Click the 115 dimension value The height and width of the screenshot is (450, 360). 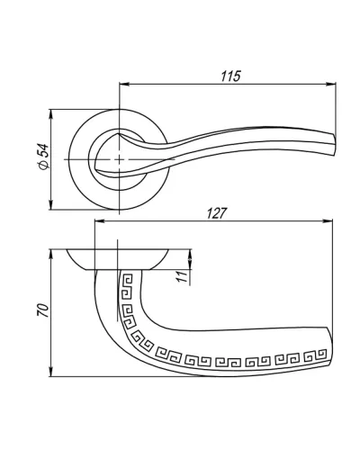(230, 76)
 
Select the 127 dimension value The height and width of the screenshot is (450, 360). (216, 213)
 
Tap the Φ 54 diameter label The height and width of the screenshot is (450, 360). (44, 157)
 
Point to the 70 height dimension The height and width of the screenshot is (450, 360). (42, 310)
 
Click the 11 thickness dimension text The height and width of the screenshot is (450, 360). (183, 276)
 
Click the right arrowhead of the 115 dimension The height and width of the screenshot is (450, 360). (331, 85)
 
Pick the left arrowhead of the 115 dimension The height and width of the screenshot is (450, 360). (124, 85)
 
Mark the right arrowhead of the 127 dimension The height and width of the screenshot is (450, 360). (328, 221)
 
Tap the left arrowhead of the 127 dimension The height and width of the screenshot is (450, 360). (100, 221)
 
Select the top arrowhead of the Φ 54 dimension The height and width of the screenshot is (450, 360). (51, 114)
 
